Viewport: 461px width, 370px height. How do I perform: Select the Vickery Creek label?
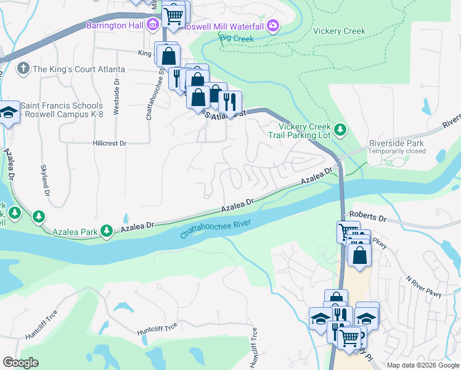[339, 31]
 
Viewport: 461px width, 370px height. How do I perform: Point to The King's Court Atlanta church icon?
[23, 68]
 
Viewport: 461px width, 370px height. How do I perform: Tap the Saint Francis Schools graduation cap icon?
[8, 113]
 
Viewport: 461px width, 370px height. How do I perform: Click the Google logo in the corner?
[20, 363]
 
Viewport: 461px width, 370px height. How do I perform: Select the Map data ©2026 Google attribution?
[423, 365]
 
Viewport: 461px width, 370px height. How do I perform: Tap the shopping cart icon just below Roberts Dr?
[348, 231]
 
